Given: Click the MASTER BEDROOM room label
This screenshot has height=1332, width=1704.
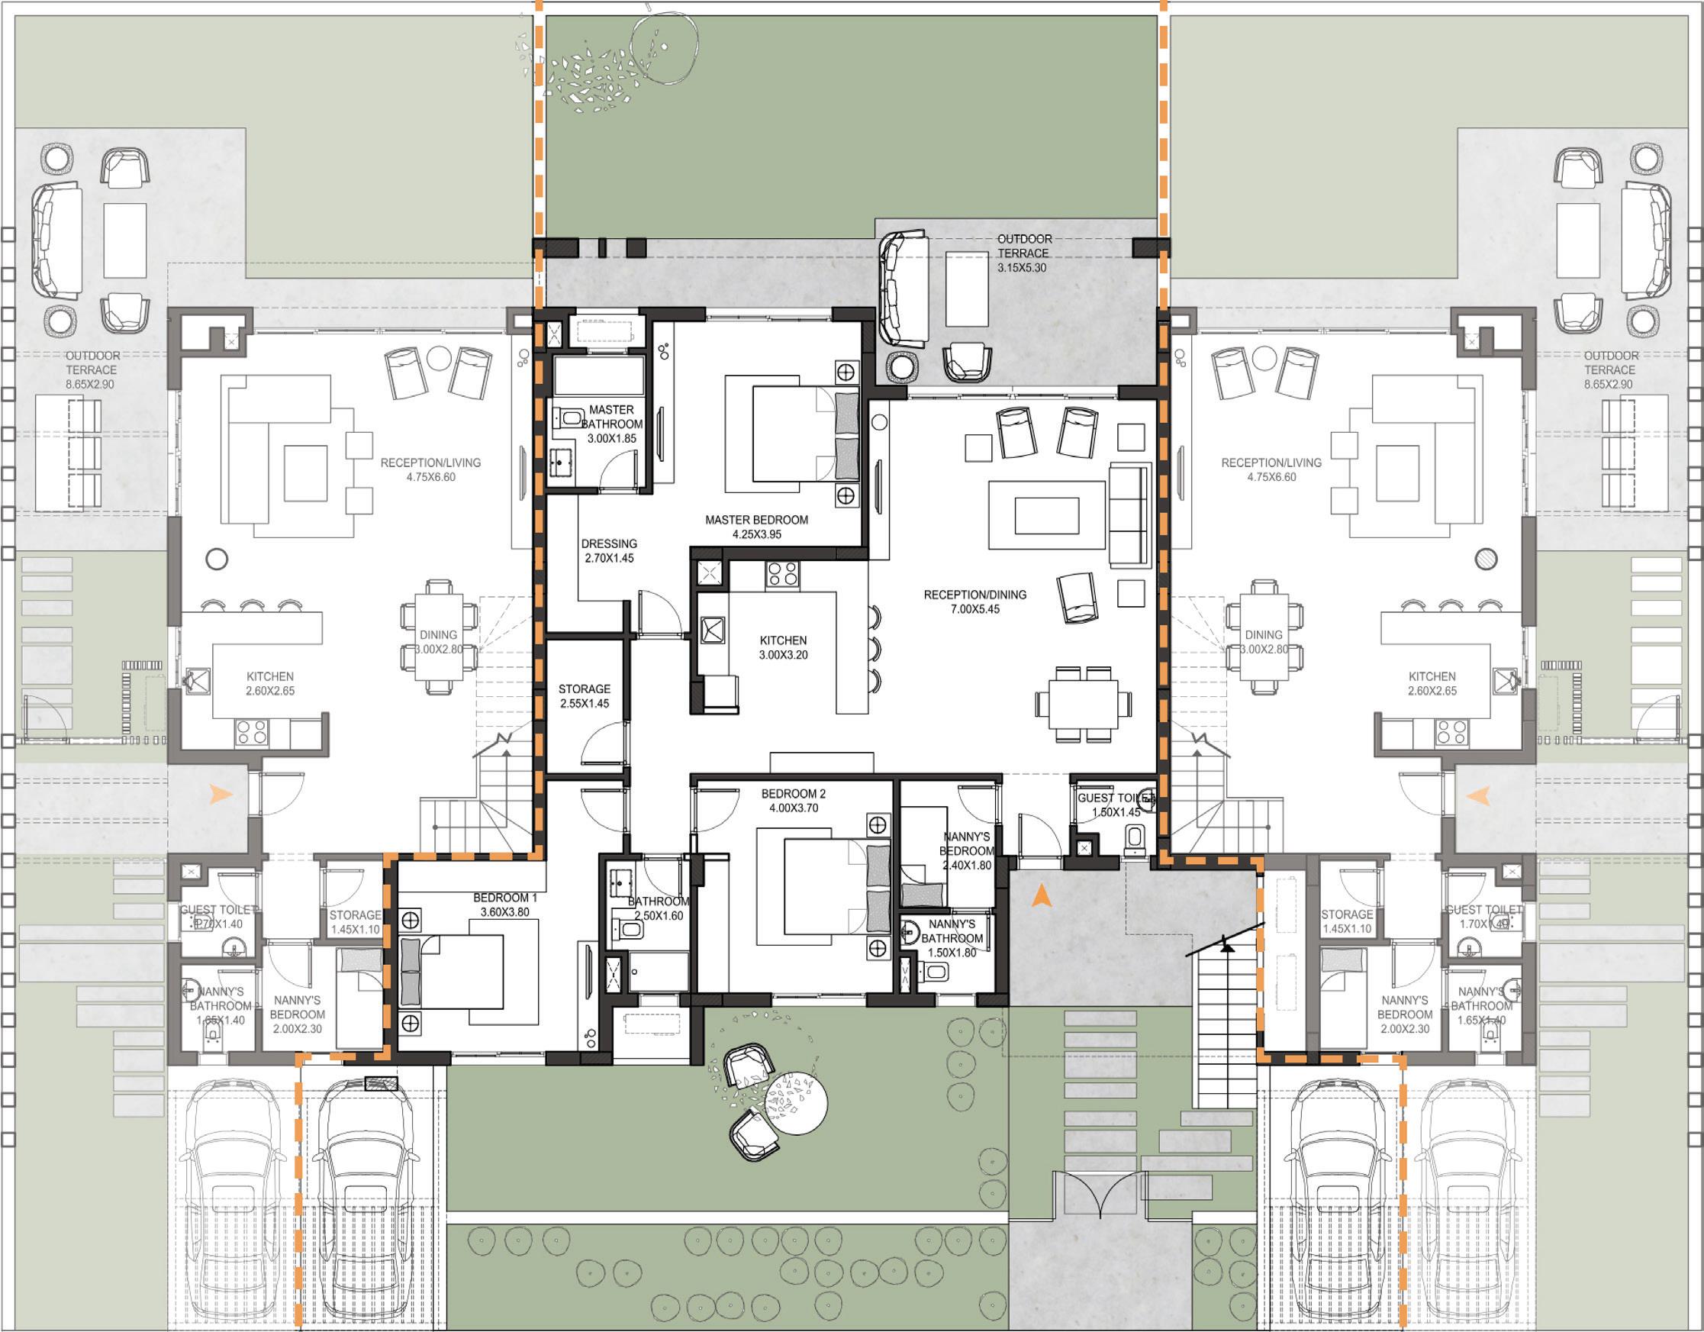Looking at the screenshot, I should click(756, 520).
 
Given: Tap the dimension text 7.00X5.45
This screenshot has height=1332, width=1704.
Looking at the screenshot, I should click(974, 609).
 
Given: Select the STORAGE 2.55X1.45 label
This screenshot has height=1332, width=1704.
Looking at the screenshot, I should click(584, 696).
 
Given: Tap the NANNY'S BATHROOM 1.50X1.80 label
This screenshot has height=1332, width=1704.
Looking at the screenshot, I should click(952, 938).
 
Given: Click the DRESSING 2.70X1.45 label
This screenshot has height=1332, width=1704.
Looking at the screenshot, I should click(609, 551).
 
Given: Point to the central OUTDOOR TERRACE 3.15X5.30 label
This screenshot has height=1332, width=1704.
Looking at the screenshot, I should click(1023, 253).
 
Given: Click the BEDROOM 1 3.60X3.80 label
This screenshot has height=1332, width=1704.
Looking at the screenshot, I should click(505, 905).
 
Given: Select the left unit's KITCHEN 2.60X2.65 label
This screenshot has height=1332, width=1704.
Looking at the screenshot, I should click(270, 684).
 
